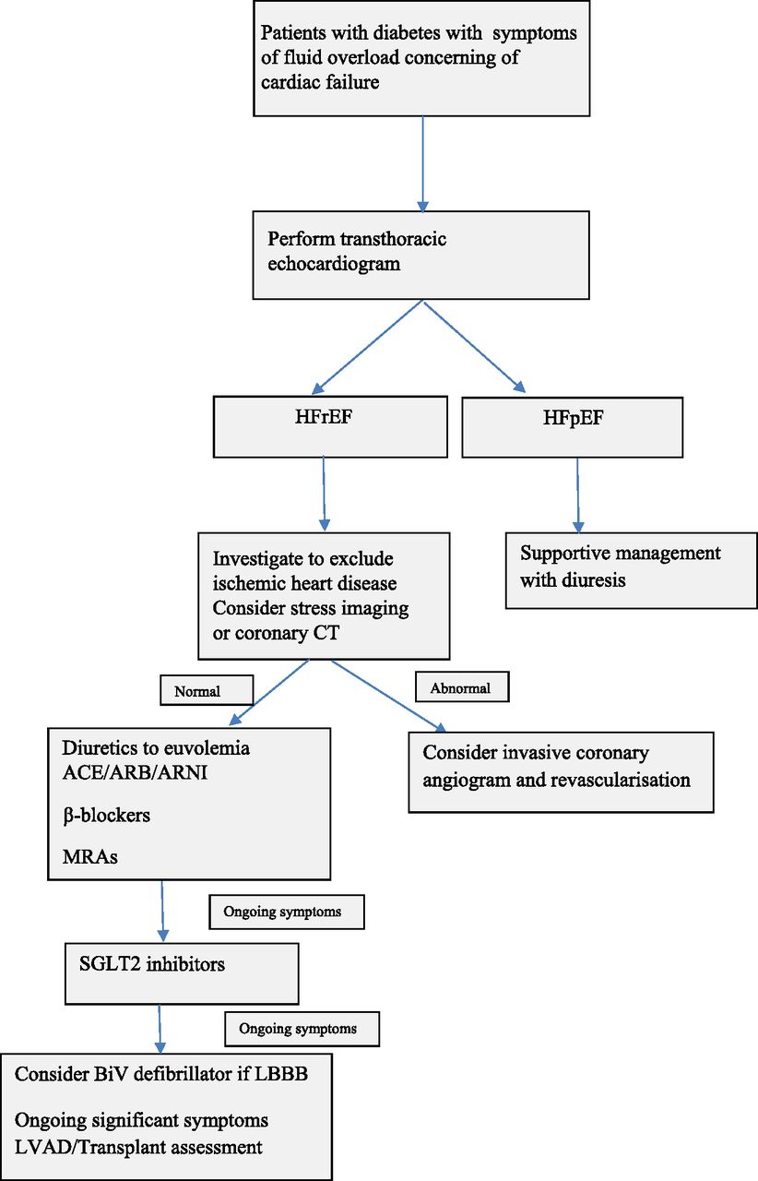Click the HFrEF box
pos(330,426)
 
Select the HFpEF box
pos(573,427)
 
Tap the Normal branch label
pos(207,690)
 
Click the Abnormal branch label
pos(462,686)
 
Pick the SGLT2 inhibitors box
pos(182,973)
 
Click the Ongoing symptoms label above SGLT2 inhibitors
pos(287,912)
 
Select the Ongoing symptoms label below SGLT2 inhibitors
pos(302,1029)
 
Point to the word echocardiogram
pos(334,264)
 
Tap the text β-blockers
pos(106,815)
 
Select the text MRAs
pos(90,857)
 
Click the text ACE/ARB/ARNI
pos(135,772)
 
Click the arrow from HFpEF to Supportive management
pos(578,495)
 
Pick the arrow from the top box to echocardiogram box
pos(422,164)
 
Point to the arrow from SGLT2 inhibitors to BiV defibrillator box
pos(160,1029)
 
